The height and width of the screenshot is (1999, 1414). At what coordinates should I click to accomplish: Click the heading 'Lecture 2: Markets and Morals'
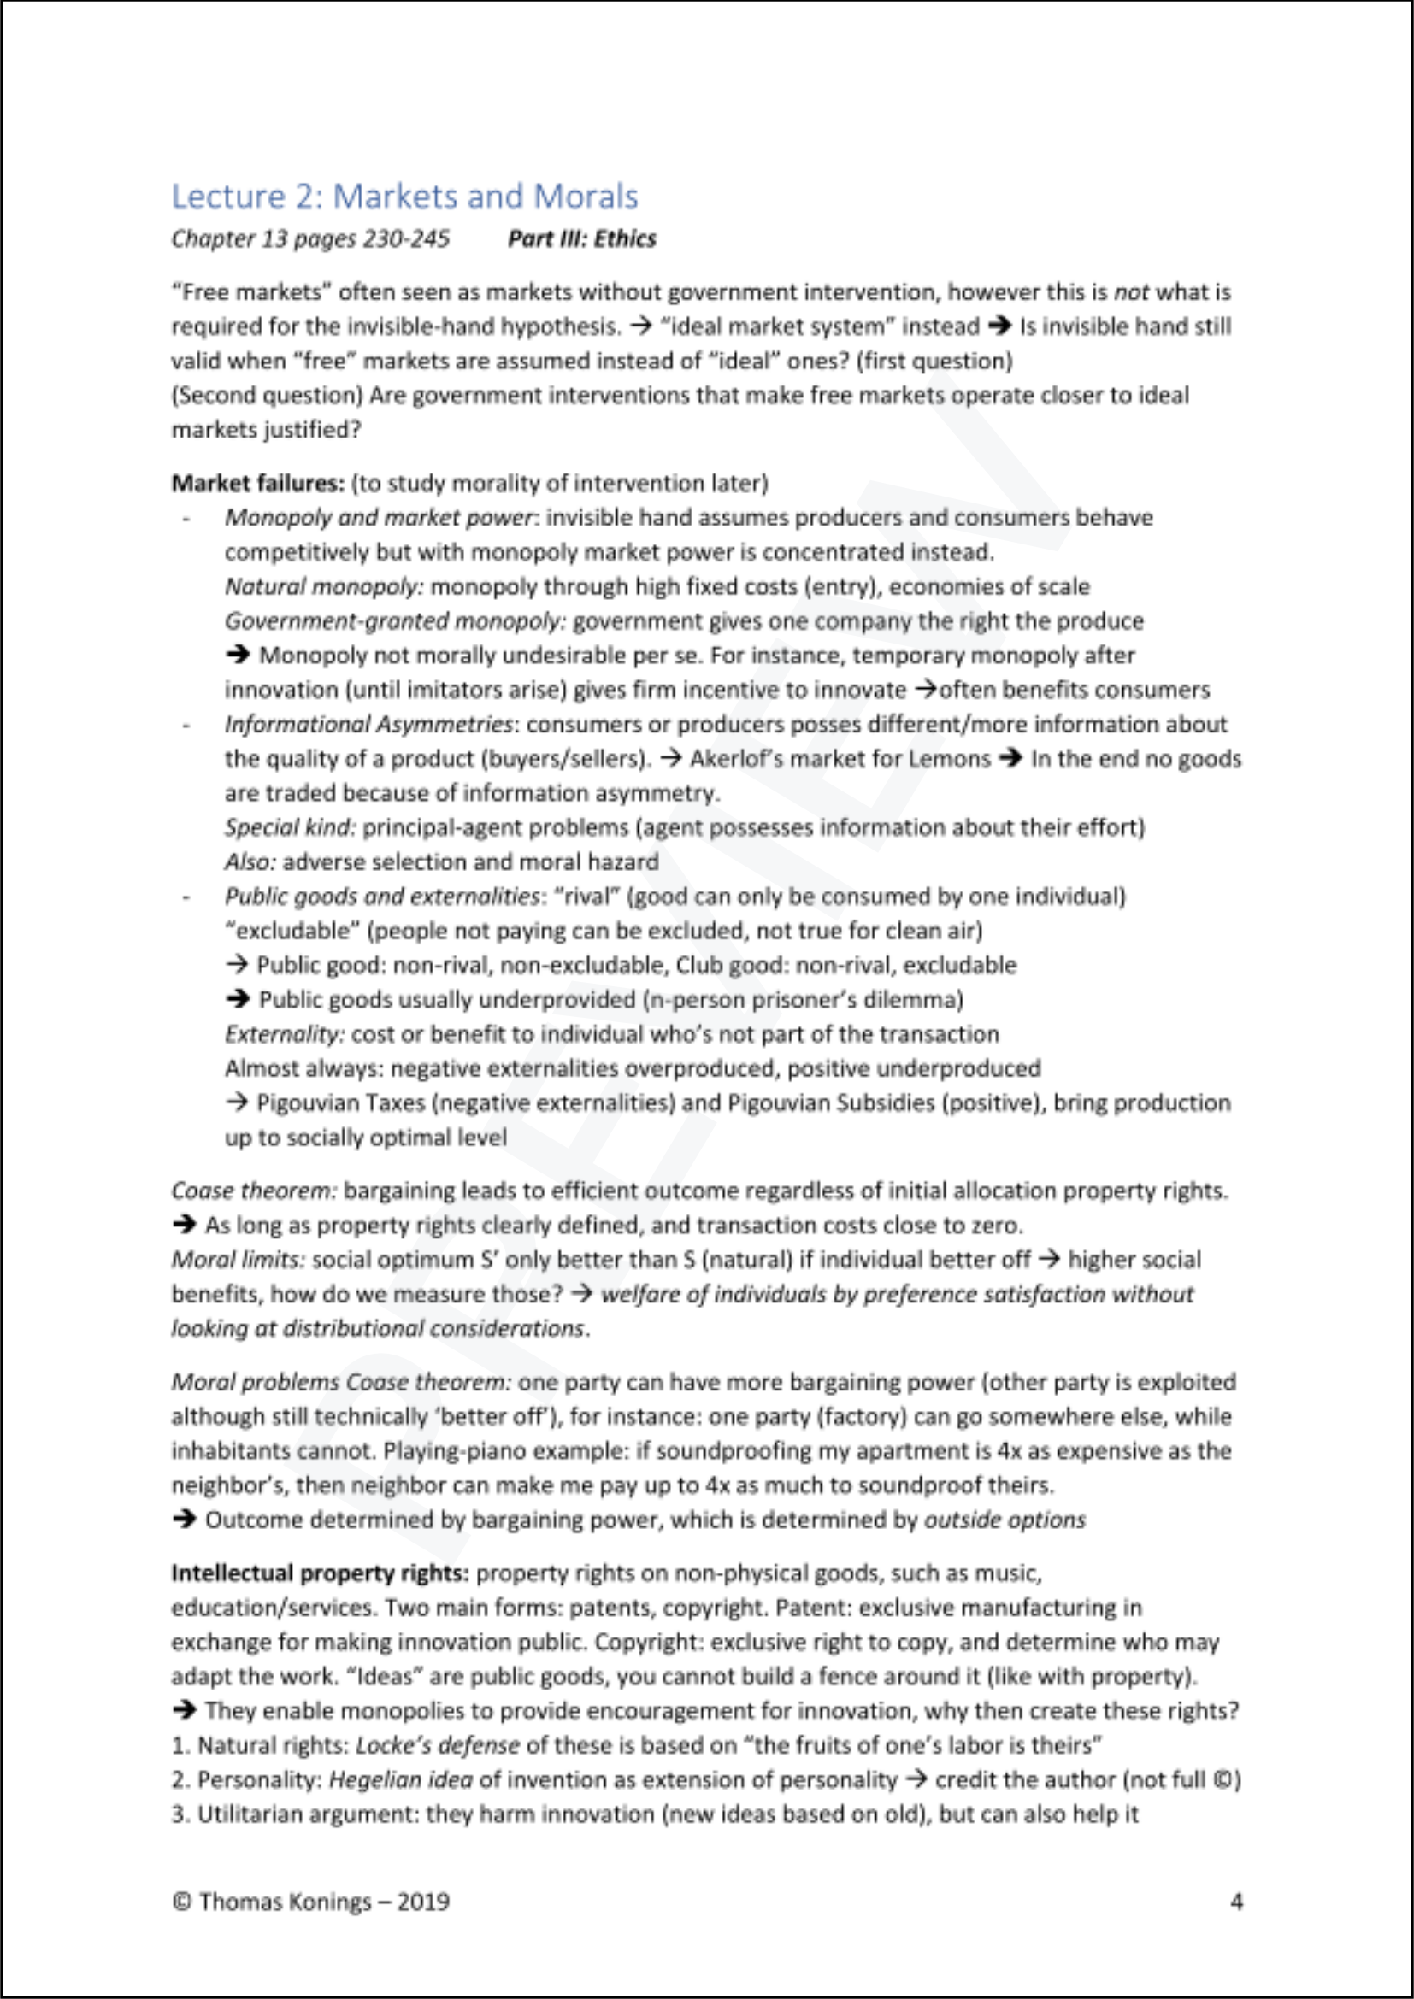(404, 197)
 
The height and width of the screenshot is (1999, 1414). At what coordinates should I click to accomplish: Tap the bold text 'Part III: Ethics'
(581, 238)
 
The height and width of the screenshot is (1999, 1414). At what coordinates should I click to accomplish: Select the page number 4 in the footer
(1235, 1902)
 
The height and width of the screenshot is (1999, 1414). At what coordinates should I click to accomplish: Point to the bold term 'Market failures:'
(257, 483)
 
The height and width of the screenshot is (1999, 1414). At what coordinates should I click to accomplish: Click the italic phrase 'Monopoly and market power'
(378, 517)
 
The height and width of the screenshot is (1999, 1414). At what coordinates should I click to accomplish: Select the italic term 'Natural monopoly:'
(324, 587)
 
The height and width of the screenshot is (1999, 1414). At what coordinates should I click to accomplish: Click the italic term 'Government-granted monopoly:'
(395, 620)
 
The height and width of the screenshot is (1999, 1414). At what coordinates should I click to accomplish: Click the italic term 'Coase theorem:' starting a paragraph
(254, 1191)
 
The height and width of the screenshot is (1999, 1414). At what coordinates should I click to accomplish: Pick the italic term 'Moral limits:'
(239, 1260)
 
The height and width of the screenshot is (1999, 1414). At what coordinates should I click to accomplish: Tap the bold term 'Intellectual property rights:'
(321, 1573)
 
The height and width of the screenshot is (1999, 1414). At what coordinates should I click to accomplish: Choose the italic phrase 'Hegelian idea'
(399, 1779)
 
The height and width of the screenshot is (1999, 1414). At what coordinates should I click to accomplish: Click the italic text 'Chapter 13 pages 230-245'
(310, 238)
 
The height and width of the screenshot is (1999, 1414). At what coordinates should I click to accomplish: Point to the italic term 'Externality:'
(285, 1034)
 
